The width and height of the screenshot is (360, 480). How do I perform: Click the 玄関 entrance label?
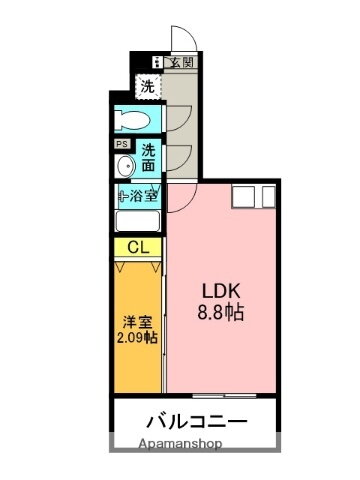click(182, 62)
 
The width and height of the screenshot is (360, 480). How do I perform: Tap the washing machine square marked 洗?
click(147, 85)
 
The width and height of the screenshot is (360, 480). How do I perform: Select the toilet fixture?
click(133, 122)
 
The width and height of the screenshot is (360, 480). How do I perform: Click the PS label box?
click(120, 144)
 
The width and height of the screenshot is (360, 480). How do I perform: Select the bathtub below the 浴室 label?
click(138, 221)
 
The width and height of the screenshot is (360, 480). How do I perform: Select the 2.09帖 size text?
click(136, 338)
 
